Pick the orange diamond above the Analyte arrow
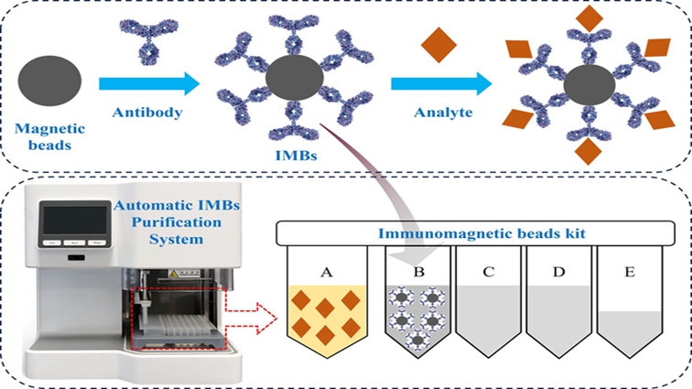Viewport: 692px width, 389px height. (x=437, y=42)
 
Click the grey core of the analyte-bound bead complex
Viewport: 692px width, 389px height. (x=582, y=87)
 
